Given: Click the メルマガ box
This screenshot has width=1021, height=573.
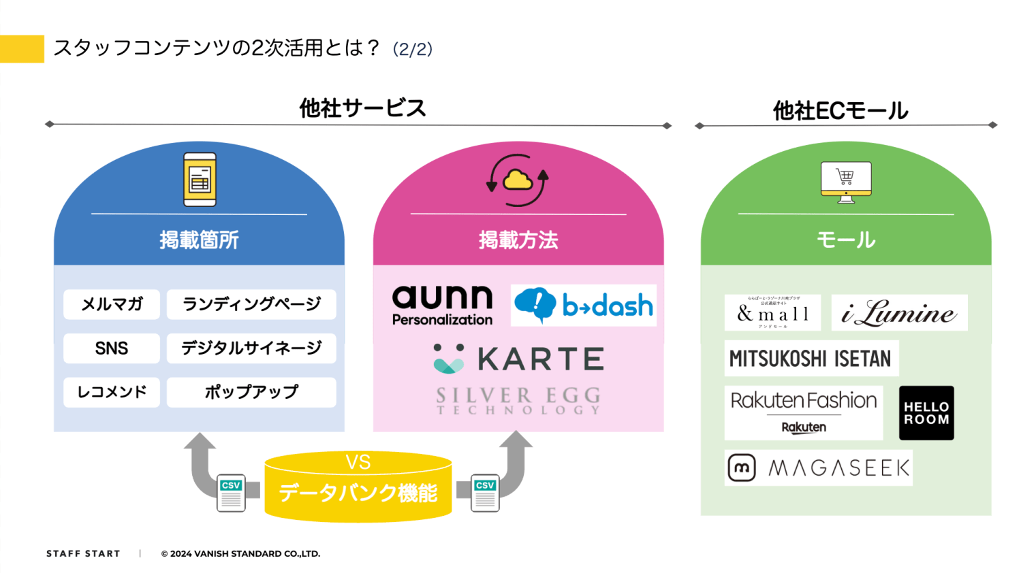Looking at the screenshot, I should coord(112,304).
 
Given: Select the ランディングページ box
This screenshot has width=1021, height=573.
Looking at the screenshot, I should coord(251,304).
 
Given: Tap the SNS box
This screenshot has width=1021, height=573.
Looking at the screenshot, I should coord(112,348).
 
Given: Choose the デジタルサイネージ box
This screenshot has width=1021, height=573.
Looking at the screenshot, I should coord(251,348).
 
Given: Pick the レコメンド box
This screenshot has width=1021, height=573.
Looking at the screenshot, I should coord(112,392).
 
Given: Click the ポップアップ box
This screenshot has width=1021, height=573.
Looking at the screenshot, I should coord(251,392).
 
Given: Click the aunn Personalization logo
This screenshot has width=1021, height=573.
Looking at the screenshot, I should coord(442,306).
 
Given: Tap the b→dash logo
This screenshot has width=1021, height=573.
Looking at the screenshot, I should coord(584,306).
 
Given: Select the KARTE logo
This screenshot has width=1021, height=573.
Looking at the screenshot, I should coord(518,359).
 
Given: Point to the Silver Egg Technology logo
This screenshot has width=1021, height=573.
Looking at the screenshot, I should coord(518,400).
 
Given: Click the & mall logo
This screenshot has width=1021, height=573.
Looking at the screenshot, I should coord(772,313).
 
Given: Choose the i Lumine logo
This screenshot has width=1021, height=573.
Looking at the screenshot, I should coord(899,313).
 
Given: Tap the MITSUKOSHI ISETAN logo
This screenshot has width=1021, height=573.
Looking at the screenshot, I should coord(811,359).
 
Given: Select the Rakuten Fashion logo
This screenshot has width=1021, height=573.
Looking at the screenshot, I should coord(804,412).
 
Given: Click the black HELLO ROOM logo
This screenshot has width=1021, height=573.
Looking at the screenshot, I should coord(926,413).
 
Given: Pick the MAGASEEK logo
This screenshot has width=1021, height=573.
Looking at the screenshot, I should coord(819,468).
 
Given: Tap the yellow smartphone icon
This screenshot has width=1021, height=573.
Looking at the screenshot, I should coord(200,180).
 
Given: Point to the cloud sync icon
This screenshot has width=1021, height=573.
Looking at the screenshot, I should coord(518,180).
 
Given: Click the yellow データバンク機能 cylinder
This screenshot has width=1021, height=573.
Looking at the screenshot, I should coord(358,487).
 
